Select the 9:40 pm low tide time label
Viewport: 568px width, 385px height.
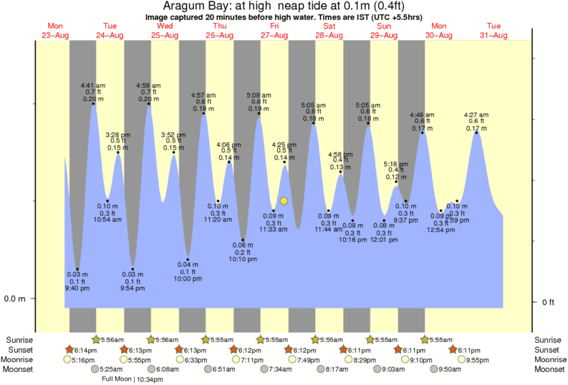(x=77, y=288)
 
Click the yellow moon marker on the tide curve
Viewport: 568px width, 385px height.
(x=284, y=201)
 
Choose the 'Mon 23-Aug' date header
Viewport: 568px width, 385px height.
(x=55, y=31)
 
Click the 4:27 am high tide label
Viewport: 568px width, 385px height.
(x=476, y=114)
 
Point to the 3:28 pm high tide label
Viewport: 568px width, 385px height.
(x=118, y=134)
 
